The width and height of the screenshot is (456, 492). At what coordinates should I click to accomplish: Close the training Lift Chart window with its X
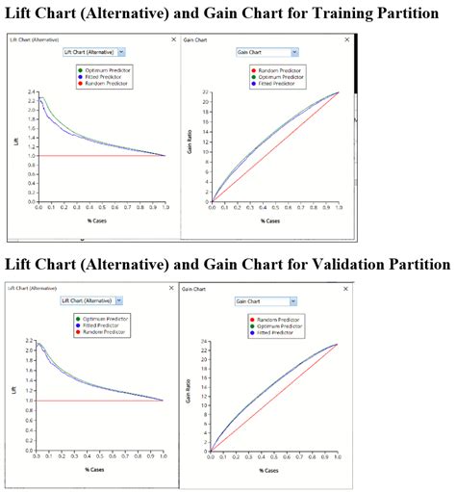[x=172, y=40]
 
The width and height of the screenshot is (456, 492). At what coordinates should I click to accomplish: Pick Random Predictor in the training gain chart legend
[x=272, y=70]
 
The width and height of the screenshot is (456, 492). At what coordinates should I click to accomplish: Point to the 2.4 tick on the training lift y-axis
[x=32, y=92]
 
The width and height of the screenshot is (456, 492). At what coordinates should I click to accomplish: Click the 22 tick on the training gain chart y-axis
[x=205, y=92]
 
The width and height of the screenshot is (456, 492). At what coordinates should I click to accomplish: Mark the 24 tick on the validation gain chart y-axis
[x=205, y=341]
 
